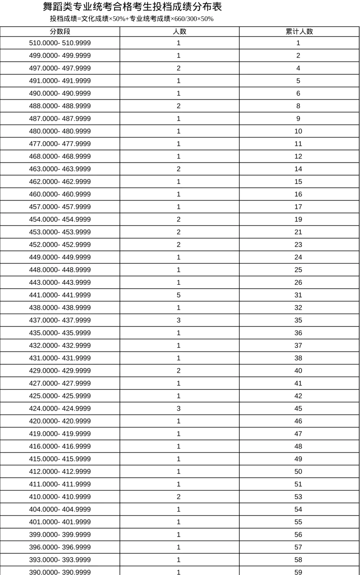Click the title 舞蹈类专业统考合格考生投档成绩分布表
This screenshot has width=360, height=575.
click(x=132, y=7)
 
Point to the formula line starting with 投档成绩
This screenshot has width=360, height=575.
click(x=132, y=19)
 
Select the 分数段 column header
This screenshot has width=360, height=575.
click(x=60, y=32)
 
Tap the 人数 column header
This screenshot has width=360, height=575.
click(x=179, y=32)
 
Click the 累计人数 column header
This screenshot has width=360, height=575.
click(x=299, y=32)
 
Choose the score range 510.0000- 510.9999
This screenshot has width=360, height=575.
click(x=60, y=43)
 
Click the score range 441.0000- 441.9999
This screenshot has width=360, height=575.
click(x=60, y=295)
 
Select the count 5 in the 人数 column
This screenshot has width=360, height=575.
click(x=178, y=295)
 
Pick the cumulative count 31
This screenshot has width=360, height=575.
click(x=298, y=295)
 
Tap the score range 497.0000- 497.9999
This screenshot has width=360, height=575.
click(x=60, y=68)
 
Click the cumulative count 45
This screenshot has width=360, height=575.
click(x=298, y=409)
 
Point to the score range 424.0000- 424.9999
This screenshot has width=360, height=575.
click(x=60, y=409)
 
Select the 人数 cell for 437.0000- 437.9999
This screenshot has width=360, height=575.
click(x=178, y=320)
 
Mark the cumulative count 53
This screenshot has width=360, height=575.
click(x=298, y=497)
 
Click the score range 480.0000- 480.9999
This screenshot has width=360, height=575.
click(x=60, y=131)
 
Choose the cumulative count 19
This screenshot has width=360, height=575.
click(x=298, y=219)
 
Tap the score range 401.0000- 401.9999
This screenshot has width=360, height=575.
click(x=60, y=522)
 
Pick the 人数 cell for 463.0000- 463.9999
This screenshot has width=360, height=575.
click(x=178, y=169)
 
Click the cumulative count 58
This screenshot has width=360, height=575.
click(x=298, y=560)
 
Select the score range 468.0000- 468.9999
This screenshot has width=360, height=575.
click(x=60, y=156)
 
